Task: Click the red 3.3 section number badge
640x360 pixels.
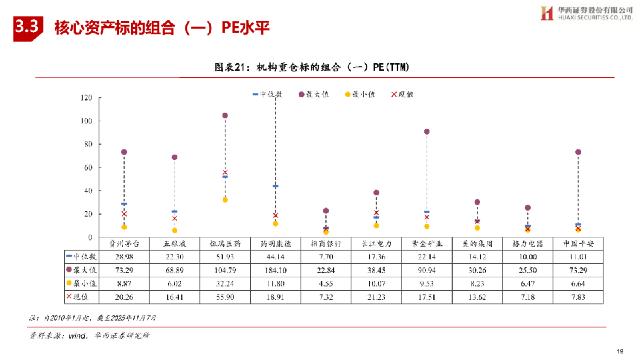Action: [27, 27]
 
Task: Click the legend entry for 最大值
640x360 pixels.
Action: [314, 95]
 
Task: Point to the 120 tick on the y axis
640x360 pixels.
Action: [86, 98]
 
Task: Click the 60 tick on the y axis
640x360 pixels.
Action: [88, 167]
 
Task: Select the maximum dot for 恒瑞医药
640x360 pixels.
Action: [225, 115]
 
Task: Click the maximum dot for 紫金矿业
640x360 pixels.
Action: [427, 131]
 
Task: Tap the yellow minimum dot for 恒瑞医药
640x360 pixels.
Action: [225, 200]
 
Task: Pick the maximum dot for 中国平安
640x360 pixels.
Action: [578, 152]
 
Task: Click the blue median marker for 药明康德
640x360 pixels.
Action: [275, 186]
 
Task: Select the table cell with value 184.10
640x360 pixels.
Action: [275, 270]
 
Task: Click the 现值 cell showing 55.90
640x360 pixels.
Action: [225, 297]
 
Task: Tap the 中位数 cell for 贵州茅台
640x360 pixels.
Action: [124, 257]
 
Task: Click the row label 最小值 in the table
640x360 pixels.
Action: [81, 283]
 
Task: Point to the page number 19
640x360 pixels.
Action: [619, 351]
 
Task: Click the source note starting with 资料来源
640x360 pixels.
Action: [89, 335]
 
